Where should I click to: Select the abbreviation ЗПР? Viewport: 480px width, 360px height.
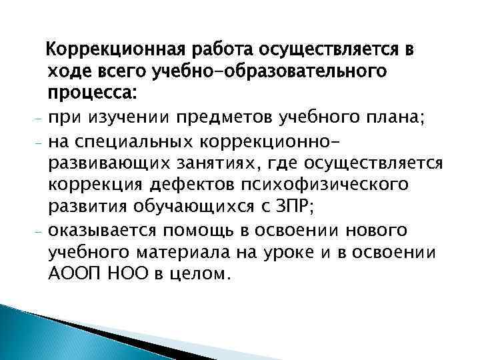(x=296, y=209)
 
